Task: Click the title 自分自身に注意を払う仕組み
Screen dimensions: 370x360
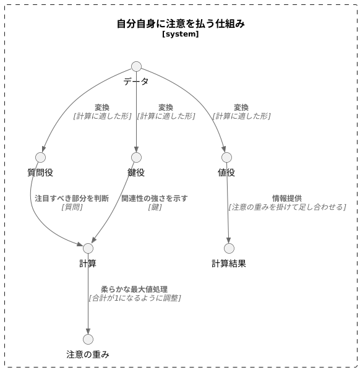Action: tap(181, 24)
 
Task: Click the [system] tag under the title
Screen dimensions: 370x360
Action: tap(181, 35)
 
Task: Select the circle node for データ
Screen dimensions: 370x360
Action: tap(136, 67)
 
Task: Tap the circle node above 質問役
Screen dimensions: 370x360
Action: tap(41, 157)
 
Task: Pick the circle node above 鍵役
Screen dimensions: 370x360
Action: tap(136, 157)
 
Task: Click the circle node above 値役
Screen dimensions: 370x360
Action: tap(226, 157)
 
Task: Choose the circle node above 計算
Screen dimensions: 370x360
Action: tap(88, 248)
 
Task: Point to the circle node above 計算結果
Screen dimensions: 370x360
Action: tap(229, 248)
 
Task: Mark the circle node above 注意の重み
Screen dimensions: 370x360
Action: tap(88, 339)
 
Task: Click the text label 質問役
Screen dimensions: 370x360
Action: tap(41, 173)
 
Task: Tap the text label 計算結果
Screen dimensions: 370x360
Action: tap(229, 264)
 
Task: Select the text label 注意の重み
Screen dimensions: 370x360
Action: tap(88, 355)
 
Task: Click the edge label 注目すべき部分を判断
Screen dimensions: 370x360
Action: tap(72, 199)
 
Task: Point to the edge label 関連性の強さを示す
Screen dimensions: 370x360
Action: tap(155, 199)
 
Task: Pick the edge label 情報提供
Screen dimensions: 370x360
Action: tap(287, 199)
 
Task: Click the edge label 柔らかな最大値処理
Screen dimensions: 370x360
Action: tap(134, 289)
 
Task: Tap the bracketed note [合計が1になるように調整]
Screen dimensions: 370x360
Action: tap(135, 298)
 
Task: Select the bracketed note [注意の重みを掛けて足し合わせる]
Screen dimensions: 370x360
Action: tap(287, 207)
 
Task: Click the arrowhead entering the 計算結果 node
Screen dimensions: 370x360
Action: tap(229, 240)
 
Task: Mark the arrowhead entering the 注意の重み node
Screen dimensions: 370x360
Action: tap(88, 331)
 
